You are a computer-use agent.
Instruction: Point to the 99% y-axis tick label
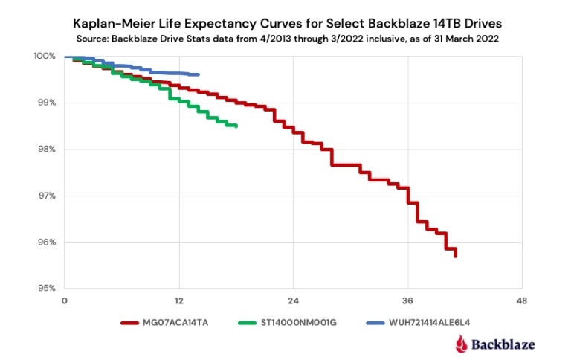[47, 103]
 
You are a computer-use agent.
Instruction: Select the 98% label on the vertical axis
[47, 150]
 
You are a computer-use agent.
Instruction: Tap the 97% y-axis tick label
[47, 196]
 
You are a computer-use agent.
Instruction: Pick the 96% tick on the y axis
[47, 242]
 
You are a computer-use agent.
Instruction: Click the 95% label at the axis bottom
[47, 289]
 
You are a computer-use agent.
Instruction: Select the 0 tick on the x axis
[65, 301]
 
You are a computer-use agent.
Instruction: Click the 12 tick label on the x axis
[178, 301]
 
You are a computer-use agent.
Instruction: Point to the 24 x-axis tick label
[293, 301]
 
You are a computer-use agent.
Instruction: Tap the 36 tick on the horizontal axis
[407, 301]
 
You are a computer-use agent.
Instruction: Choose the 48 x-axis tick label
[522, 301]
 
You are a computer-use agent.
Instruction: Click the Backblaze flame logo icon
[462, 343]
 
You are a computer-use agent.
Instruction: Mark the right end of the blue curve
[199, 74]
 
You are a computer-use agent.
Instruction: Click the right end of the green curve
[236, 126]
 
